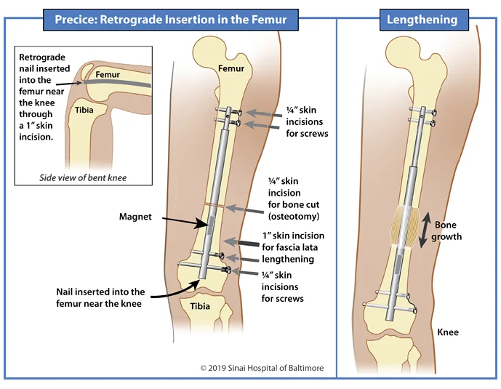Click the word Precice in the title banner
click(x=76, y=20)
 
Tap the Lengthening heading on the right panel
click(x=422, y=20)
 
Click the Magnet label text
click(x=135, y=217)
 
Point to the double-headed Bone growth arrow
click(x=425, y=230)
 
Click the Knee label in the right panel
click(x=448, y=332)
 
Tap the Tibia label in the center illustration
click(x=200, y=306)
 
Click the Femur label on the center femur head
click(x=231, y=68)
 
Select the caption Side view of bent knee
click(x=83, y=177)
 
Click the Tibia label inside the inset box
click(x=84, y=110)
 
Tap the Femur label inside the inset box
click(x=108, y=74)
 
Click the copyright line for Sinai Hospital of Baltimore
click(x=262, y=368)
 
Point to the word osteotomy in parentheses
click(x=294, y=216)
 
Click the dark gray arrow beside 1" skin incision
click(x=241, y=243)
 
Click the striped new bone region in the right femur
click(x=404, y=226)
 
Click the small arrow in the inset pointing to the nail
click(x=69, y=84)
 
